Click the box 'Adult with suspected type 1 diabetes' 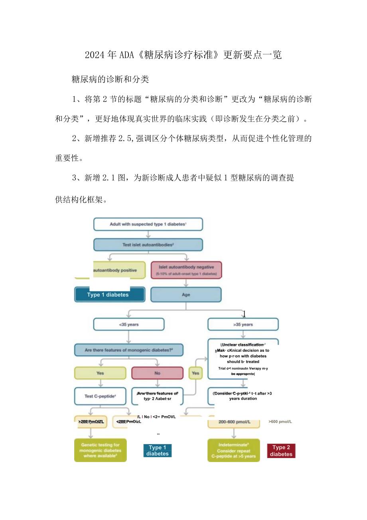[x=148, y=224]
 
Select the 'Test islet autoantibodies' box [x=148, y=245]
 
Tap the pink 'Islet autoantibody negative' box [x=186, y=270]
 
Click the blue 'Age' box [x=186, y=295]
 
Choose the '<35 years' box [x=128, y=324]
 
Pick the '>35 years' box [x=243, y=324]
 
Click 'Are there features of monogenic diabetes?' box [x=128, y=350]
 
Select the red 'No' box [x=157, y=373]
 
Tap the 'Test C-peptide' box [x=100, y=396]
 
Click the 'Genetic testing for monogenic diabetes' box [x=100, y=450]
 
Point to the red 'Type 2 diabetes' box [x=281, y=450]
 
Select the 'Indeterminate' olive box [x=233, y=450]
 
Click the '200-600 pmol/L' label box [x=233, y=422]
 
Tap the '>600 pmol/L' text [x=280, y=421]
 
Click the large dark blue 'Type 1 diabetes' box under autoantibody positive [x=109, y=295]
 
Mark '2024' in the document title [x=94, y=55]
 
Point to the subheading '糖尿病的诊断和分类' [x=110, y=79]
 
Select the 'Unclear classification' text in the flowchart [x=243, y=345]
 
